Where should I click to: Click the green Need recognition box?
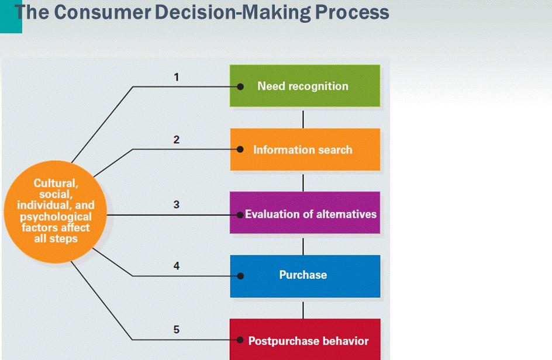click(305, 86)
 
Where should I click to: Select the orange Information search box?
click(305, 150)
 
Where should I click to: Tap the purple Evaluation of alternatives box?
click(305, 213)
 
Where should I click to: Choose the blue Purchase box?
click(305, 276)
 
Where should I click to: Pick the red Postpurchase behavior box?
click(305, 340)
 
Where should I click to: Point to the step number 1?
click(177, 76)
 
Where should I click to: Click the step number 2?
click(177, 140)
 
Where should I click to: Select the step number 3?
click(177, 205)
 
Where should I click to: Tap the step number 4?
click(177, 266)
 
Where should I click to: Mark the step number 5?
click(177, 330)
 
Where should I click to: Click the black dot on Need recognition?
click(240, 86)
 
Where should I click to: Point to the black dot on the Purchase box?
click(240, 276)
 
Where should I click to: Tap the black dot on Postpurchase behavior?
click(240, 340)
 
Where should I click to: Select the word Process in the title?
click(353, 12)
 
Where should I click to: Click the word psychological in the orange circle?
click(56, 217)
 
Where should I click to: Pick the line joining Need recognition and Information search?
click(303, 117)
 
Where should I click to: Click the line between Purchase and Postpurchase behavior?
click(303, 308)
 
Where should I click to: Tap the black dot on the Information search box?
click(240, 150)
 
